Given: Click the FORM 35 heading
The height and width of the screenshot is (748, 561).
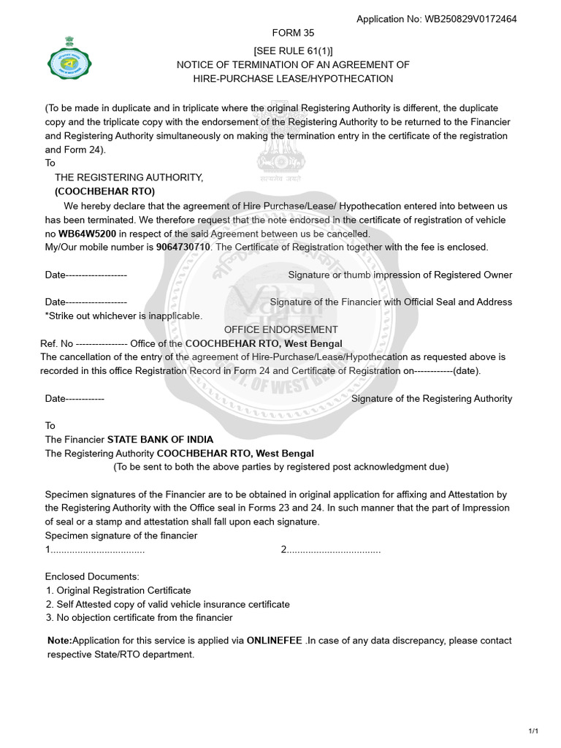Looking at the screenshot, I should point(293,33).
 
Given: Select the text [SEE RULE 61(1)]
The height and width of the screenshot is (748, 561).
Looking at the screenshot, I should point(293,50).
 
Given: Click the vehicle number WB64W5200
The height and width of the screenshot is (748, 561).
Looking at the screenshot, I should point(87,234).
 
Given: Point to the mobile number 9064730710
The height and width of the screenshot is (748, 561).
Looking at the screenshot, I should point(184,247).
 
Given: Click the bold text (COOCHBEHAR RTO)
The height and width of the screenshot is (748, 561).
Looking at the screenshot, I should point(104,191).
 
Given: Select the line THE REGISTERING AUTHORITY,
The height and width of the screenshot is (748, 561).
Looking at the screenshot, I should point(129,178).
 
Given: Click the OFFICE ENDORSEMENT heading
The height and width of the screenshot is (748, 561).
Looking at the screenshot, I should point(281,329).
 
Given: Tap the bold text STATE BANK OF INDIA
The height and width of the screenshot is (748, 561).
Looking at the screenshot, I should point(161,440).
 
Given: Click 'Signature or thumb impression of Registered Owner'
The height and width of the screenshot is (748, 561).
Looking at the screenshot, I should point(400,275).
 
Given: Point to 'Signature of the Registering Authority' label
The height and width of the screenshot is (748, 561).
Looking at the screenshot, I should point(432,399).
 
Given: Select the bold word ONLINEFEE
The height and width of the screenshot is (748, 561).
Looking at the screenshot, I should point(275,641).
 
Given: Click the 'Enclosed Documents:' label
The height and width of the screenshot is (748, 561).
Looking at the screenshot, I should point(92,576).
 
